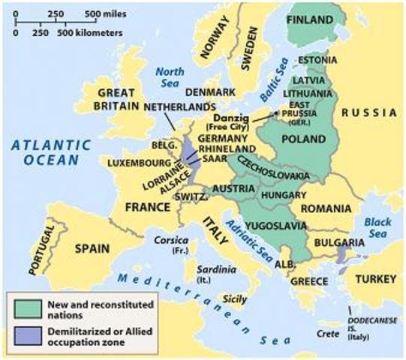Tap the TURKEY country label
[x=375, y=280]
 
